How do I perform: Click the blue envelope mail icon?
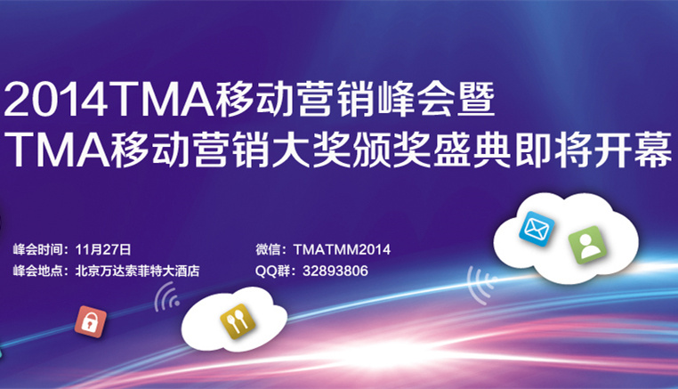pyautogui.click(x=537, y=229)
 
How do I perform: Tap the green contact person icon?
pyautogui.click(x=587, y=245)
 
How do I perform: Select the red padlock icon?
pyautogui.click(x=91, y=321)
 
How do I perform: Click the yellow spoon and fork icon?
pyautogui.click(x=238, y=321)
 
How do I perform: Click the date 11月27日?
pyautogui.click(x=103, y=249)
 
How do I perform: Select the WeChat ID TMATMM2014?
pyautogui.click(x=342, y=249)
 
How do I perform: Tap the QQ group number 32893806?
pyautogui.click(x=335, y=271)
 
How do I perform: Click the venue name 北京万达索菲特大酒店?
pyautogui.click(x=138, y=271)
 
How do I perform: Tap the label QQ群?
pyautogui.click(x=274, y=271)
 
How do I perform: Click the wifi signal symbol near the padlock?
pyautogui.click(x=166, y=298)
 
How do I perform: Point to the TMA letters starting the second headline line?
pyautogui.click(x=56, y=151)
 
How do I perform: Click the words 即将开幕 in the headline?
pyautogui.click(x=593, y=150)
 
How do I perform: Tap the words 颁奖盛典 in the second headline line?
pyautogui.click(x=433, y=150)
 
